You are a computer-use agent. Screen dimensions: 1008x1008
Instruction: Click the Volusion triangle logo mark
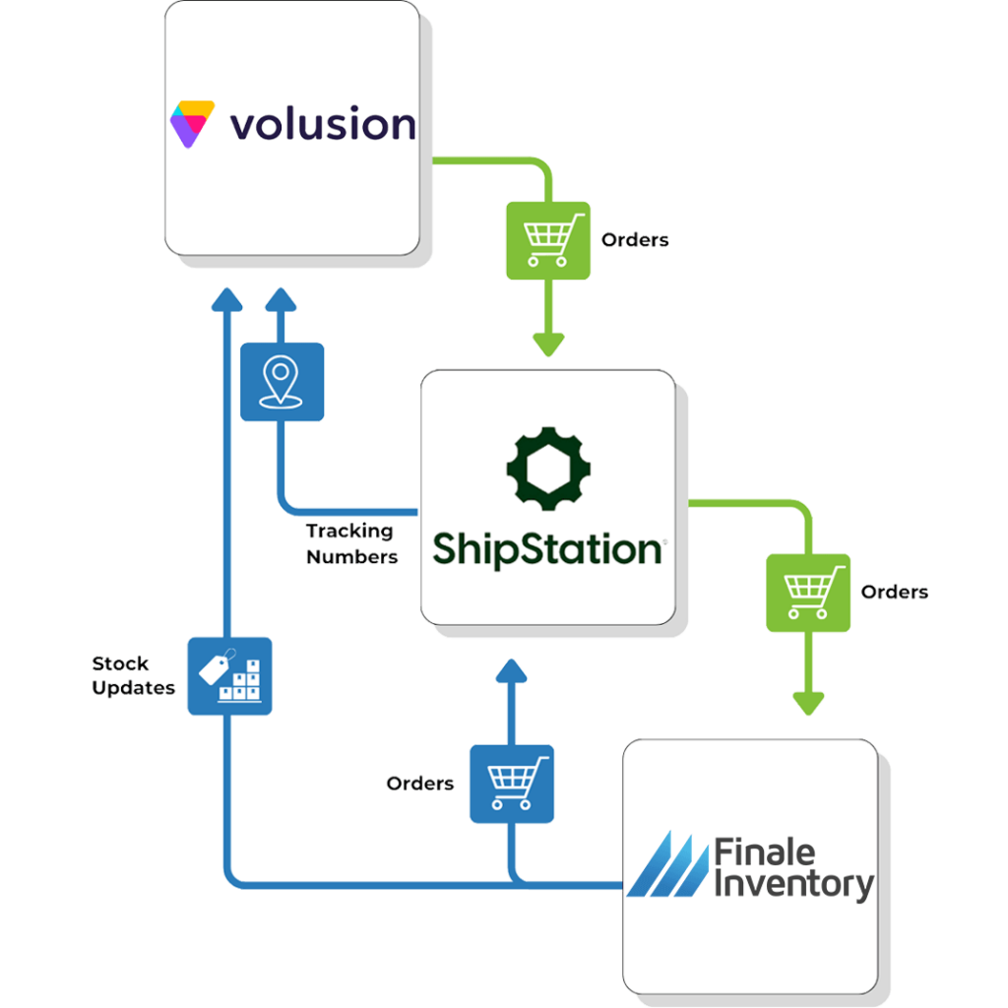[191, 124]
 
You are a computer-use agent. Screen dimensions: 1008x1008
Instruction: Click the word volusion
[322, 125]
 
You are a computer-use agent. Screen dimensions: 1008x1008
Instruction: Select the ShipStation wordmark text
[547, 548]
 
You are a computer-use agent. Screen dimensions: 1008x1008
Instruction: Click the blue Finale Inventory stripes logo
[667, 864]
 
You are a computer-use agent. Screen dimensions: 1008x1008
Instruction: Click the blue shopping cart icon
[511, 784]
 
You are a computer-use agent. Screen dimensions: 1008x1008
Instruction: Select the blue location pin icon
[282, 383]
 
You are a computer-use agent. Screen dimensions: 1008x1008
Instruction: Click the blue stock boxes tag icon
[229, 675]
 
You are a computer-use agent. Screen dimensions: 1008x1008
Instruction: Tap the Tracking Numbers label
[351, 544]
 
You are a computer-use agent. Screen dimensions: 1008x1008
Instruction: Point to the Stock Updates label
[133, 675]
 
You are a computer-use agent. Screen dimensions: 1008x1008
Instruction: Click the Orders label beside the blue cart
[420, 784]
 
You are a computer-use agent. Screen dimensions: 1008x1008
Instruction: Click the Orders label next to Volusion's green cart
[635, 239]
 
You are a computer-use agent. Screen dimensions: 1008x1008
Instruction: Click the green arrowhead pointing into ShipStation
[547, 344]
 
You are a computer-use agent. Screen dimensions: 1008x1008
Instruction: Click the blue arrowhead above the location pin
[282, 298]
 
